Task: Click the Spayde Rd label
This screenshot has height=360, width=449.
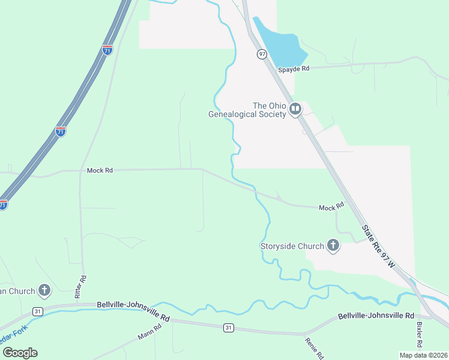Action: click(x=294, y=69)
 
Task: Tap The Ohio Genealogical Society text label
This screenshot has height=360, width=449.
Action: click(x=247, y=110)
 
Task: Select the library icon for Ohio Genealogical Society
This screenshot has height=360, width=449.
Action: click(x=295, y=109)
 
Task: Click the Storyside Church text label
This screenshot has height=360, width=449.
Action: click(x=292, y=245)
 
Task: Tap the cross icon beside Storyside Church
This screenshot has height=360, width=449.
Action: click(x=333, y=245)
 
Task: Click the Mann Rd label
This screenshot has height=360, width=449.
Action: click(x=149, y=332)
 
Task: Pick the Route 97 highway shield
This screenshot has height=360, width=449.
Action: click(x=262, y=54)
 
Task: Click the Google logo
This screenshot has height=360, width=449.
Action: click(x=20, y=352)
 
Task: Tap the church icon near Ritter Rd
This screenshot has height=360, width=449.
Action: click(x=44, y=291)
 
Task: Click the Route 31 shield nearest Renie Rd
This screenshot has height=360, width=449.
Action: click(x=228, y=328)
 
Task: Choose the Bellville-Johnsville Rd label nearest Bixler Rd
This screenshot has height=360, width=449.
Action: click(x=376, y=316)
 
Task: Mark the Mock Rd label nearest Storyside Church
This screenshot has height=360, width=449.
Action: click(x=331, y=207)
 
